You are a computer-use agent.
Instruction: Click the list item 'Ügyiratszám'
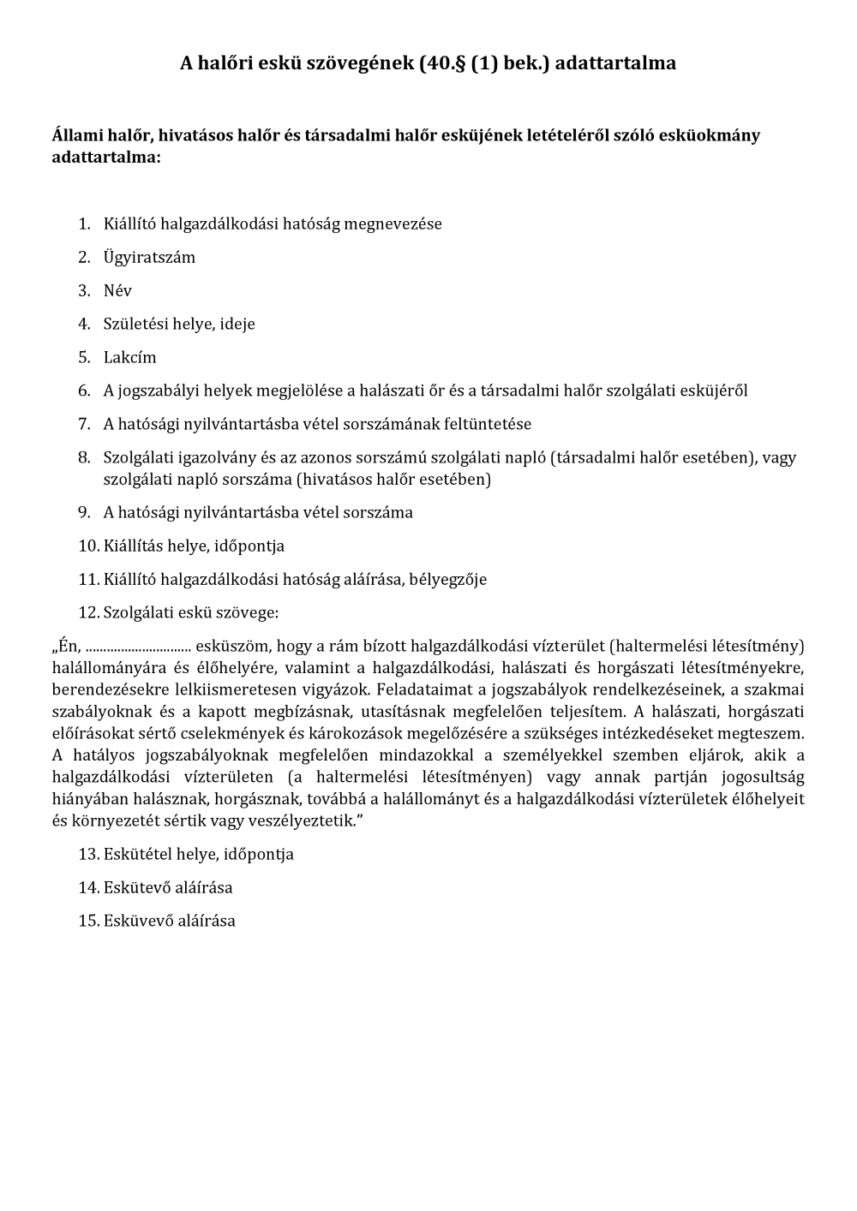point(149,257)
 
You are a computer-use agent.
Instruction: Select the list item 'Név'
point(117,290)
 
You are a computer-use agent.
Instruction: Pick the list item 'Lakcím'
point(129,357)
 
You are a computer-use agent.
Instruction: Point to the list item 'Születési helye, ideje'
point(179,324)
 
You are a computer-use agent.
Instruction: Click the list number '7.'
point(84,424)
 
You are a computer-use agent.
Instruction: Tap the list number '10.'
point(88,546)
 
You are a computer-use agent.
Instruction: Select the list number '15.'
point(88,921)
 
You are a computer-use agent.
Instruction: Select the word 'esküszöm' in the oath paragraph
point(231,646)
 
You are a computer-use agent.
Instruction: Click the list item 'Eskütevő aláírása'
point(167,887)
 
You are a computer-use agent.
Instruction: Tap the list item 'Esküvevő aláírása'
point(169,921)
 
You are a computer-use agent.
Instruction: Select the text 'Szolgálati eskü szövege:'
point(190,612)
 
